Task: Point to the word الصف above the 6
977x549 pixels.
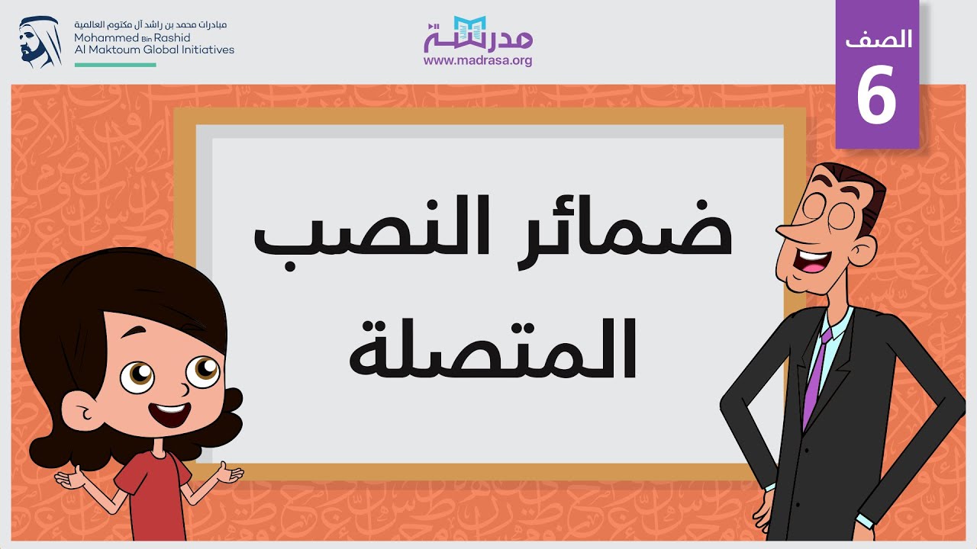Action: tap(879, 38)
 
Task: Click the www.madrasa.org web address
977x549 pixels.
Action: tap(478, 61)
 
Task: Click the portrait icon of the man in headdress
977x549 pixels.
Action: tap(40, 42)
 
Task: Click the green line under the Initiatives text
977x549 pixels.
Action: tap(115, 65)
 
